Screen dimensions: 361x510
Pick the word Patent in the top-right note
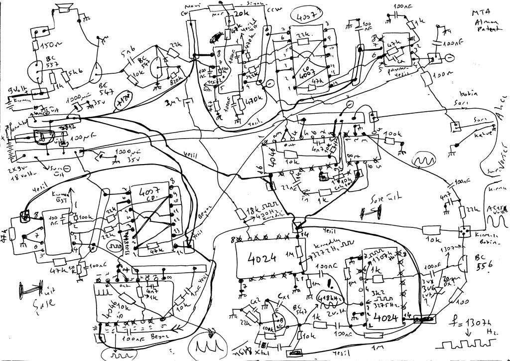(x=486, y=30)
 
